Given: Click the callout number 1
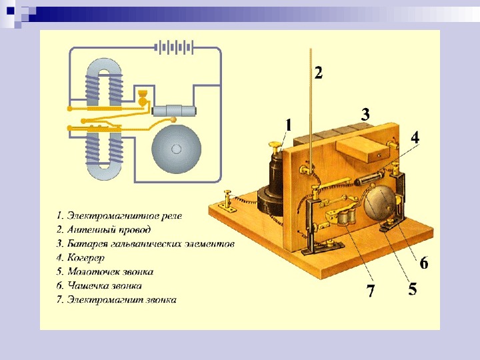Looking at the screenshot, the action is (x=289, y=125).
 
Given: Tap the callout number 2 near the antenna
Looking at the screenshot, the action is (x=319, y=72).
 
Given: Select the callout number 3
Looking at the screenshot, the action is (x=365, y=113).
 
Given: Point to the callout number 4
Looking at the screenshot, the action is (x=415, y=138).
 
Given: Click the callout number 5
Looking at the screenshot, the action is (x=413, y=289).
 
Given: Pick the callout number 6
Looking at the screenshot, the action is (x=424, y=263).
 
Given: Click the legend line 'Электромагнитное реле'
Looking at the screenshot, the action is (x=119, y=215).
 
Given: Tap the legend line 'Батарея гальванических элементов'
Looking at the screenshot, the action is (x=145, y=243).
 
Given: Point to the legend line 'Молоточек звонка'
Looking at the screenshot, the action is (x=109, y=271).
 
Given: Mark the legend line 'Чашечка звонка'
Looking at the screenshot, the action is (x=104, y=285).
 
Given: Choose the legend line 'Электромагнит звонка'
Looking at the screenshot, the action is (x=117, y=299).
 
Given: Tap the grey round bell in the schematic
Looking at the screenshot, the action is (x=177, y=148).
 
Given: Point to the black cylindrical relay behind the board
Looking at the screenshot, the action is (x=273, y=180).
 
